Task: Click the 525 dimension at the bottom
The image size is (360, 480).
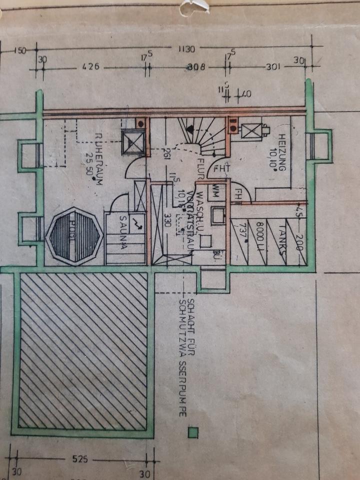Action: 79,458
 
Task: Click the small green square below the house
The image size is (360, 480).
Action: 191,432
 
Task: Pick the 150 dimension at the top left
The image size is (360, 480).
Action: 20,49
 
